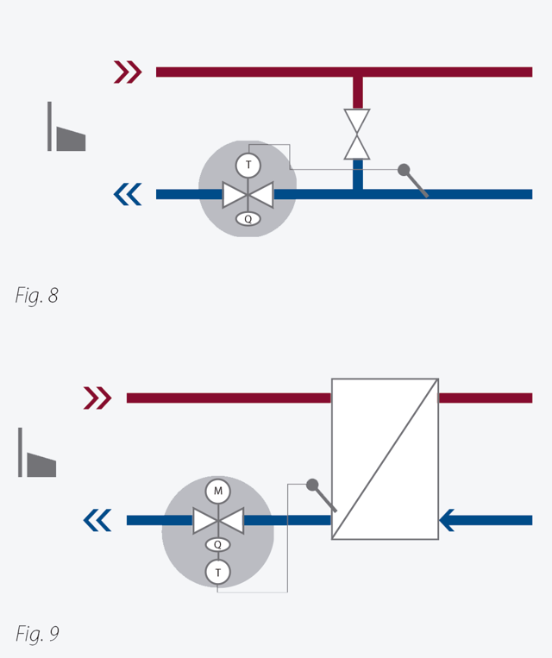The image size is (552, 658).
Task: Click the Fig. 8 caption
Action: (36, 296)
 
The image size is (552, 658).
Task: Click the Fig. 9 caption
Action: (37, 634)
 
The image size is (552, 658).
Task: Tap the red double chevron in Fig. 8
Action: (128, 72)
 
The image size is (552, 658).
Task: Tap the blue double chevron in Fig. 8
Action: (128, 194)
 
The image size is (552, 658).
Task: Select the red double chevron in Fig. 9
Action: (97, 398)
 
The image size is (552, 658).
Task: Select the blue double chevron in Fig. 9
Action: (97, 520)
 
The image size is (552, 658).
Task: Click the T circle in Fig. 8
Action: (248, 165)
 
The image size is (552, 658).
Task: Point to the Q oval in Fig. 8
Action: (248, 219)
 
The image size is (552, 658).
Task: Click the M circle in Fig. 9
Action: (218, 492)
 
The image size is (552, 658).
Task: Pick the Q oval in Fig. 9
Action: (218, 545)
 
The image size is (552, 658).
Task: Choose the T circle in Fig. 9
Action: (218, 572)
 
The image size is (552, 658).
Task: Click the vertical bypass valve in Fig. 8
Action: (357, 134)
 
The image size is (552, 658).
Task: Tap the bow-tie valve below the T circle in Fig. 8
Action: (248, 194)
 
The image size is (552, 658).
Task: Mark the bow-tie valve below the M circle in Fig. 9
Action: (218, 520)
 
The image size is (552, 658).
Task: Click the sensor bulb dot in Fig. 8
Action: (404, 170)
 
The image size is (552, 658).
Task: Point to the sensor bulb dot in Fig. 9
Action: (312, 485)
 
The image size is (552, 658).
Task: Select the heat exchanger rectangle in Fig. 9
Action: (385, 459)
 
